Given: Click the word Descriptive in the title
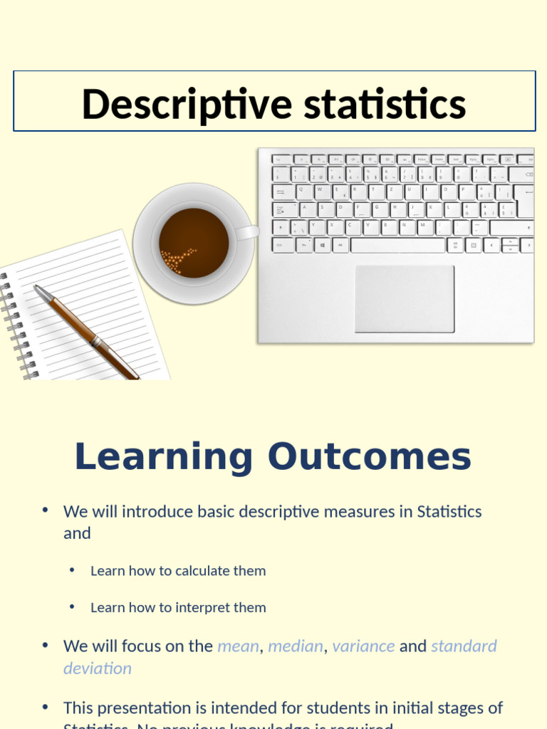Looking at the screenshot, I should click(x=187, y=104).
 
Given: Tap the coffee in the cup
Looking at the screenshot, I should click(x=193, y=243).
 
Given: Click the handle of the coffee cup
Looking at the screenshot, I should click(x=247, y=232).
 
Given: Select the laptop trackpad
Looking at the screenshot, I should click(x=404, y=299).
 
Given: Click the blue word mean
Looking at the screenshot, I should click(x=238, y=646).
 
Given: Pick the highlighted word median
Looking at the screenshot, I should click(x=295, y=646).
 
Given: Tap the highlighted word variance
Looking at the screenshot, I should click(x=363, y=646).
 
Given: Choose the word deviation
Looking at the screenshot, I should click(x=98, y=668).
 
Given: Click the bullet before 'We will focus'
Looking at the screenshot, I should click(x=45, y=645).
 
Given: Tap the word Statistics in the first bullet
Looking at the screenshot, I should click(x=449, y=511).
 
